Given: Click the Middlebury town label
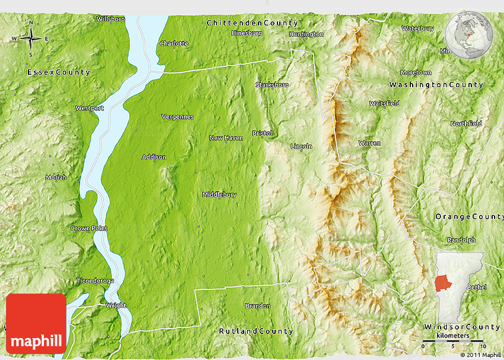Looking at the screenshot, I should pos(219,195).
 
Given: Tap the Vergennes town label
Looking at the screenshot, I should pos(177,117).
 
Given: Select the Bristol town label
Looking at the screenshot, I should pos(262,133).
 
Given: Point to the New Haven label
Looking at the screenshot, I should pos(226,138).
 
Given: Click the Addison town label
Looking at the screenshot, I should pos(154,157).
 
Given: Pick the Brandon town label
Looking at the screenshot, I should pos(257,306).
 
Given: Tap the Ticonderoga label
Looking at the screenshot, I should pos(95,281).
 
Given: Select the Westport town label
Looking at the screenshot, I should pos(90,109).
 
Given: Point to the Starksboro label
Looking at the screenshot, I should pos(272,85).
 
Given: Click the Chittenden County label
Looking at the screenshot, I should pos(252,23).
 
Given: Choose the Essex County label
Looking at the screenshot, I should pos(59,72).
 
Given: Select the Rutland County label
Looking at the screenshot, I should pos(256,331).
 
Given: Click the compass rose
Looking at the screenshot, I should pos(30,39).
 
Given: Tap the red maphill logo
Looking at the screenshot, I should pos(36,324).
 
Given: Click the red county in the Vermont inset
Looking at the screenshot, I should pos(443,283).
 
